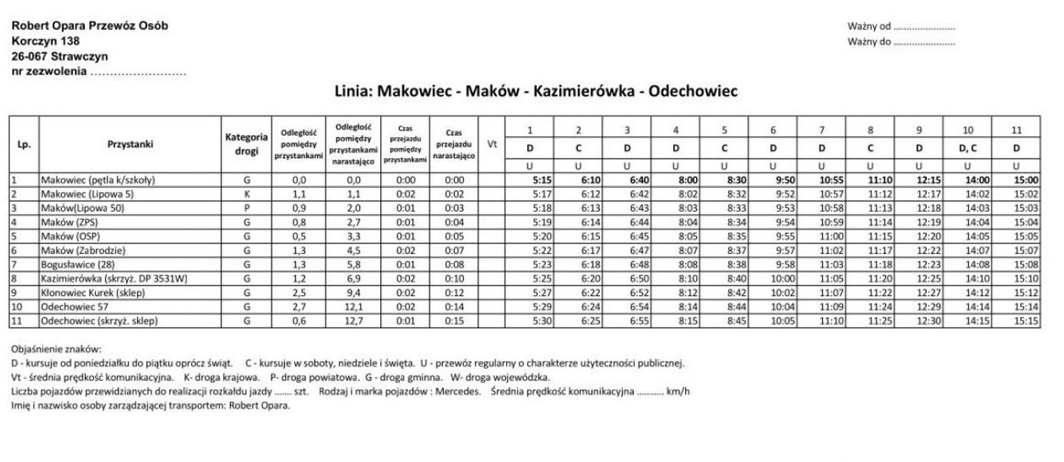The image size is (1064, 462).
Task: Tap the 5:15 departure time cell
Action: pos(541,180)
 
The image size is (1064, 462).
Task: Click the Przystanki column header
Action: pos(130,145)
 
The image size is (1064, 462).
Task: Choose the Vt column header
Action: pos(492,145)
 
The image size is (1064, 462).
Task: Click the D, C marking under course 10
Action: pos(967,148)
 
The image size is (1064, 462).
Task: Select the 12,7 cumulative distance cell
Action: pos(355,321)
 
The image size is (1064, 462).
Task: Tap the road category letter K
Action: pos(246,194)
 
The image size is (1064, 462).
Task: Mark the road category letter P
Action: pos(246,208)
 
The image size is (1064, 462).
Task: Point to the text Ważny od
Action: pos(869,26)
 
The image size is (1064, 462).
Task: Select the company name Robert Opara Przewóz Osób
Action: pos(89,26)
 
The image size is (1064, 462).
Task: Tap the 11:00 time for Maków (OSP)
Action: pos(831,237)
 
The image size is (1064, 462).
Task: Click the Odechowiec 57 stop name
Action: pos(73,307)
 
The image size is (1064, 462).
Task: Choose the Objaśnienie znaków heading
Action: pos(56,349)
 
